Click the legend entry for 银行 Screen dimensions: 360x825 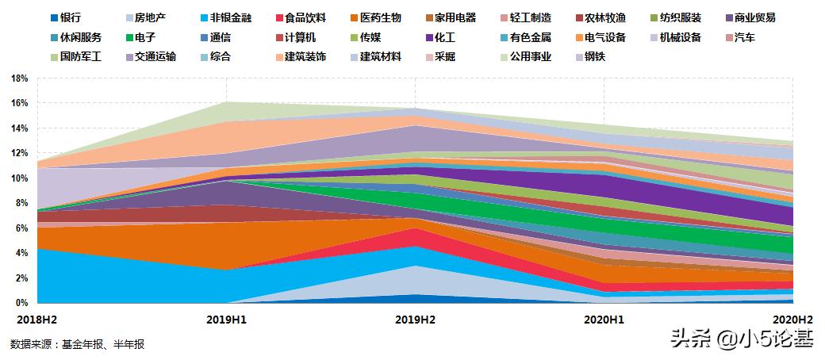point(65,17)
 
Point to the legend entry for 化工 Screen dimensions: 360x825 point(445,37)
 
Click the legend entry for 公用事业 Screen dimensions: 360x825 point(531,57)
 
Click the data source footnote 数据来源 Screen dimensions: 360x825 point(77,344)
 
